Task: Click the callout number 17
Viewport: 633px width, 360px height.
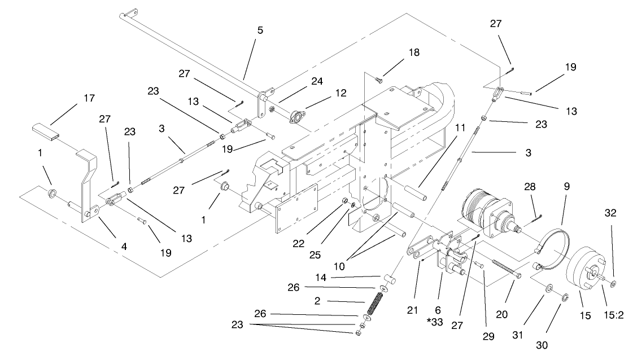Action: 89,99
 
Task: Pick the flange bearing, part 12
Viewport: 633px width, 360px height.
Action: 296,116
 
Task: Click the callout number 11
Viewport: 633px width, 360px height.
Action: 461,128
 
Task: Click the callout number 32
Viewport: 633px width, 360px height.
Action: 610,213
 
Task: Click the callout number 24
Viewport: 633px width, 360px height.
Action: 317,81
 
